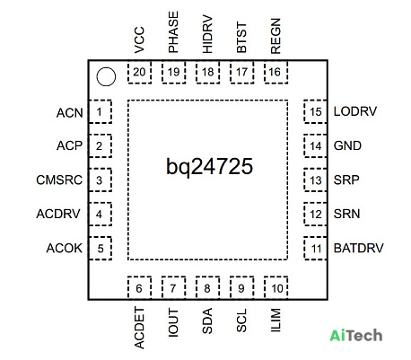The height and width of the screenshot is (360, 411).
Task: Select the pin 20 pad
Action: click(139, 72)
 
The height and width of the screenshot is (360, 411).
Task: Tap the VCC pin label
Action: click(139, 40)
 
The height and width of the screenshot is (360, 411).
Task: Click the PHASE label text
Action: click(173, 32)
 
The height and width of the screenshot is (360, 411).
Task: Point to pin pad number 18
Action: click(207, 72)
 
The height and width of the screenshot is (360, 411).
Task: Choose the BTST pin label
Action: click(241, 37)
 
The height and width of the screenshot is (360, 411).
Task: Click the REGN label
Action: click(275, 36)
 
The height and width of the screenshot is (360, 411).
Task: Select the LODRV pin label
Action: click(355, 111)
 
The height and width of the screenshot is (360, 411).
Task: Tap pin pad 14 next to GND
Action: click(315, 146)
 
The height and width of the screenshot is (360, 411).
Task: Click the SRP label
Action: click(346, 180)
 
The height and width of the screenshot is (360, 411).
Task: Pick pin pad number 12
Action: click(315, 215)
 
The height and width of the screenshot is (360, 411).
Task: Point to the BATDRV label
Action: click(358, 248)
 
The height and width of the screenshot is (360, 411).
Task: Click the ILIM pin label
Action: click(275, 320)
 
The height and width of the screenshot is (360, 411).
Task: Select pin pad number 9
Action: click(241, 287)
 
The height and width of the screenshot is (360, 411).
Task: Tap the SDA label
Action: click(207, 320)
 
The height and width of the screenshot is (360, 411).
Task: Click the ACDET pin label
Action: click(139, 328)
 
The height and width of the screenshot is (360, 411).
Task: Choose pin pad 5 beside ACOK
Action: click(101, 249)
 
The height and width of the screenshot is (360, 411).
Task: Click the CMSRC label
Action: click(59, 180)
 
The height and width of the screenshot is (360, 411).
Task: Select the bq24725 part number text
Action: click(209, 167)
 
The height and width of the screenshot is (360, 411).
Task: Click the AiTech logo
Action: click(356, 335)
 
